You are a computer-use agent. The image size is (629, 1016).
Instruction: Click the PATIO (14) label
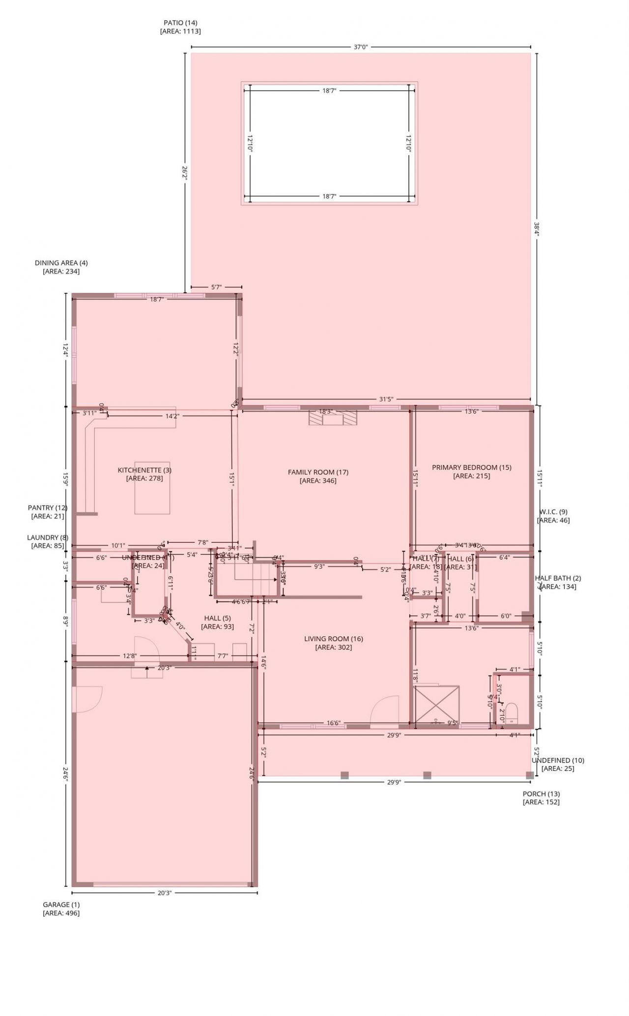180,23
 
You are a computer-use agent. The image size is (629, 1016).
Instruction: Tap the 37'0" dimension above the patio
360,47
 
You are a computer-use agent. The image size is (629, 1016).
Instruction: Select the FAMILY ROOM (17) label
318,472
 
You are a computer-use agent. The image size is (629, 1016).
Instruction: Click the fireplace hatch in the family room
333,418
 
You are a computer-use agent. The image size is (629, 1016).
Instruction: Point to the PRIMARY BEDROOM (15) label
471,467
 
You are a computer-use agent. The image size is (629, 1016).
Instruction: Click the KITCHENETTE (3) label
144,470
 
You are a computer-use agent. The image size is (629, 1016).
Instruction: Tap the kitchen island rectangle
152,488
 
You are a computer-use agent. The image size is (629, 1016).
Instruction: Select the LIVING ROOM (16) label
333,639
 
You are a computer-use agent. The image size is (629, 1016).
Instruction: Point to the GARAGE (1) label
61,904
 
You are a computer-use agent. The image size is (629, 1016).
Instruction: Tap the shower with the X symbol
436,705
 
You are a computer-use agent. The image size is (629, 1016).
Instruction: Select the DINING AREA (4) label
61,263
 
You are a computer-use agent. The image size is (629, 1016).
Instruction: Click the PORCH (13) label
541,793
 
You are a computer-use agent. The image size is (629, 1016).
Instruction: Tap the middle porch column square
427,775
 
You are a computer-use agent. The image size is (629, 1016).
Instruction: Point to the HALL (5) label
217,618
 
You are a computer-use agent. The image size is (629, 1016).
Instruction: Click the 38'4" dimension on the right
537,229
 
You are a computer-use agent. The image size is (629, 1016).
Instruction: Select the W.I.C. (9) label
553,511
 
